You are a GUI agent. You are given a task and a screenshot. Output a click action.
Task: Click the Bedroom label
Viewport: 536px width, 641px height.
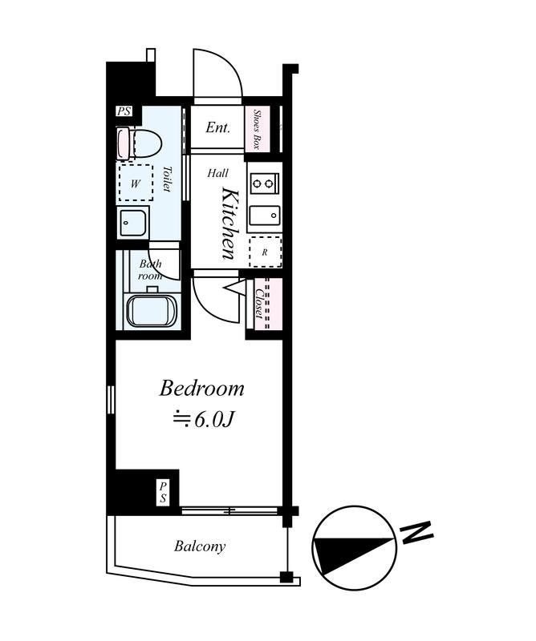click(x=201, y=389)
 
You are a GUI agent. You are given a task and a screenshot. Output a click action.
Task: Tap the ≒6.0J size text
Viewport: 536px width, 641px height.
click(x=203, y=420)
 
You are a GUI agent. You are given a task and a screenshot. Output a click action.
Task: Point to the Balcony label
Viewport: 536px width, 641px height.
click(x=200, y=546)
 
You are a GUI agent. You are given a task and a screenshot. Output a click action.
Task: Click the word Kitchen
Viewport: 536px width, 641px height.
click(x=229, y=224)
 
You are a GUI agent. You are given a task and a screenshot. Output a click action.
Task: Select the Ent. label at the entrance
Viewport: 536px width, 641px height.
click(x=217, y=127)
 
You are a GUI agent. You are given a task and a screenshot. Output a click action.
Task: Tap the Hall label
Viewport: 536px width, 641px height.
click(x=217, y=173)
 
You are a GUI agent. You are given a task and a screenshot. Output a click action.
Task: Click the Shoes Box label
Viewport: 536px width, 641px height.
click(x=257, y=129)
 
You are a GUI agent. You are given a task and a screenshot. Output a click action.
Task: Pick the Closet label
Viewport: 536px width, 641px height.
click(x=259, y=304)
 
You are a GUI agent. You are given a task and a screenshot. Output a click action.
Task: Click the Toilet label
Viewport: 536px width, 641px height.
click(x=167, y=179)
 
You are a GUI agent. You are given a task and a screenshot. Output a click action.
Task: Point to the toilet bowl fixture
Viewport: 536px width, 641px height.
click(x=140, y=143)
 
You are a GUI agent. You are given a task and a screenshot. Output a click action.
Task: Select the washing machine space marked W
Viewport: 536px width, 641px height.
click(x=136, y=183)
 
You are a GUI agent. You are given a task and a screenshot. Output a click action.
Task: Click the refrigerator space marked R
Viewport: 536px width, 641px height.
click(x=266, y=252)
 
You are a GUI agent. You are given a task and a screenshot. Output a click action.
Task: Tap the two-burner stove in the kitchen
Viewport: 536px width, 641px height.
click(x=265, y=183)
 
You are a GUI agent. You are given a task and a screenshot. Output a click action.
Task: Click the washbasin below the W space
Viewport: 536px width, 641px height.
click(x=132, y=223)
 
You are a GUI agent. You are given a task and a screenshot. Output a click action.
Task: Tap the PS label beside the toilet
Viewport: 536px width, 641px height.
click(x=124, y=111)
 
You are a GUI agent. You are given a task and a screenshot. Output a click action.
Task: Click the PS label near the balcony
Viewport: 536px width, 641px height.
click(x=164, y=493)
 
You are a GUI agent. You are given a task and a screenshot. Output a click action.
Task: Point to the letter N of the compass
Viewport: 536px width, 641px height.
click(x=416, y=533)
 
